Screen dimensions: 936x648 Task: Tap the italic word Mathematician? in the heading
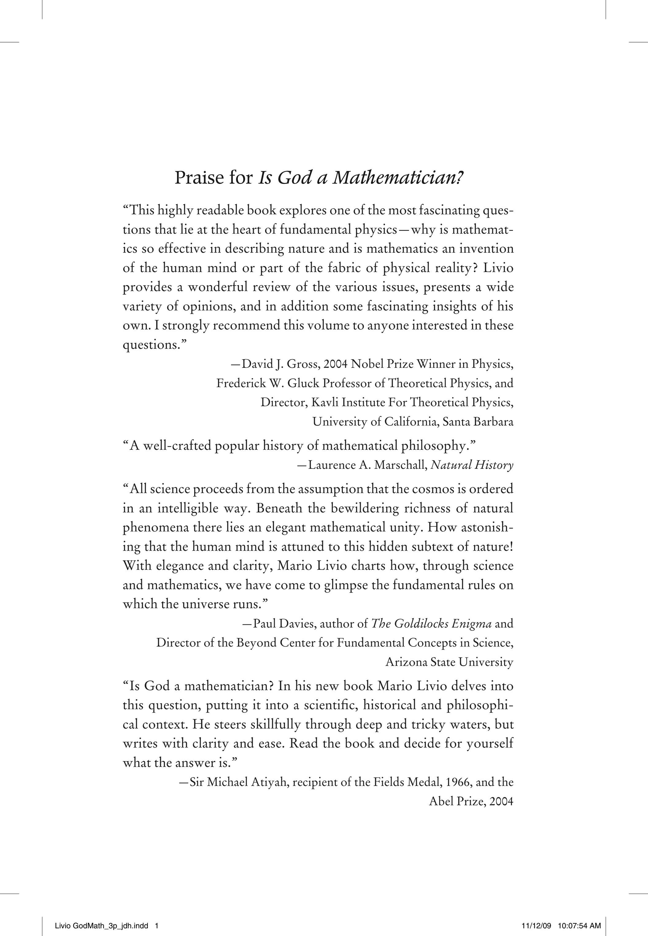click(x=398, y=178)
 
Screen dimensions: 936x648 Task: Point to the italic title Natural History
click(x=472, y=465)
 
